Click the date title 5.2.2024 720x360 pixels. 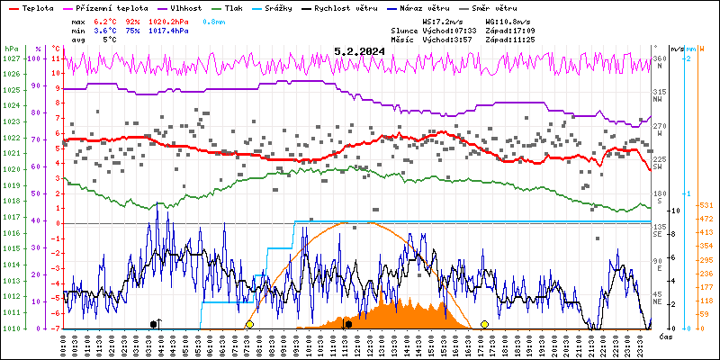[x=359, y=51]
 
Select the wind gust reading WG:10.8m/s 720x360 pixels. [x=509, y=21]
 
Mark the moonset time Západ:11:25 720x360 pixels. [x=509, y=40]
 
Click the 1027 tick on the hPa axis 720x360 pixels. [x=11, y=58]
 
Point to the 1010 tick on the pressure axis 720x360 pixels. [x=11, y=328]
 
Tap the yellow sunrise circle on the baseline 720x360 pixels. [x=249, y=324]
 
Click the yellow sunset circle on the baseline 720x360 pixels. [x=484, y=324]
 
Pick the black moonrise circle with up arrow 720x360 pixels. [x=155, y=323]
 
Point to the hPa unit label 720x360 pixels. [x=10, y=49]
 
